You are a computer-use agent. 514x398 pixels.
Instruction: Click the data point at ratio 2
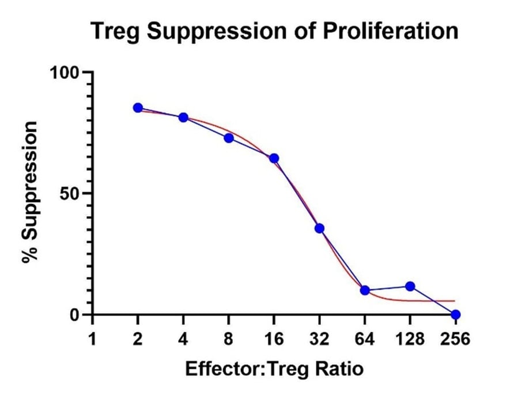point(138,108)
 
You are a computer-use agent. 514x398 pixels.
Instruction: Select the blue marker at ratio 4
point(183,117)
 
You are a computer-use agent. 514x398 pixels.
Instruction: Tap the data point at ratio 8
point(229,138)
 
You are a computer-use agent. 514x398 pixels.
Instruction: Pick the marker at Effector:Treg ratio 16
point(274,159)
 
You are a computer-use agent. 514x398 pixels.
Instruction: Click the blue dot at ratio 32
point(320,228)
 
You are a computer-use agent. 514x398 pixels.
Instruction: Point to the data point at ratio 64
point(365,290)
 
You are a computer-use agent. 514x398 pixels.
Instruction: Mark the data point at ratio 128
point(410,286)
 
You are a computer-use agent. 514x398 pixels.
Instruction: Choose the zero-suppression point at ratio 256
point(456,314)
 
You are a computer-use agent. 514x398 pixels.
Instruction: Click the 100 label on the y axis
point(65,73)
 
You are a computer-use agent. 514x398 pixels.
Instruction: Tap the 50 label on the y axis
point(70,194)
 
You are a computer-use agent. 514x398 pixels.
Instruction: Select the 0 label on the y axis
point(75,315)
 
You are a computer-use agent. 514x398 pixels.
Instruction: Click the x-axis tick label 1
point(92,338)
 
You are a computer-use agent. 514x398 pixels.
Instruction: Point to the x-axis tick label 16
point(274,338)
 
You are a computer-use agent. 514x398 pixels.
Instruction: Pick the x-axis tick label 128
point(410,338)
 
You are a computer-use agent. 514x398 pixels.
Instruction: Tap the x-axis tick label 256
point(455,338)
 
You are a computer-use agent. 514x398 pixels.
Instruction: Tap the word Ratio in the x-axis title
point(339,369)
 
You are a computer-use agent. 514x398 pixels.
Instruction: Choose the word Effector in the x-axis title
point(223,369)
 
